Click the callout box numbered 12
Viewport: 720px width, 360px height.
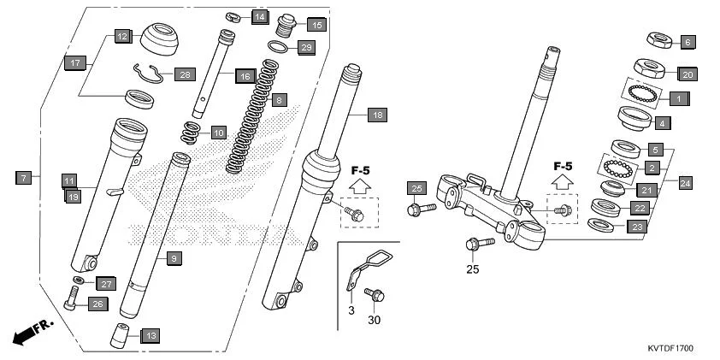(x=122, y=37)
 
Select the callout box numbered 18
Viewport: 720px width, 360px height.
(x=377, y=114)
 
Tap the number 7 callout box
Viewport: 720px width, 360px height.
(x=23, y=178)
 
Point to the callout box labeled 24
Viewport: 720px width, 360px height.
(x=685, y=182)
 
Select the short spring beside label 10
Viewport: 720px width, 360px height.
(x=192, y=133)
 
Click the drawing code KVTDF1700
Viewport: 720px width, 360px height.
(x=670, y=350)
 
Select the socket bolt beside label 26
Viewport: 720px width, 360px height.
(x=71, y=298)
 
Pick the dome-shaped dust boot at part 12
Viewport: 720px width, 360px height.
(x=160, y=39)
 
